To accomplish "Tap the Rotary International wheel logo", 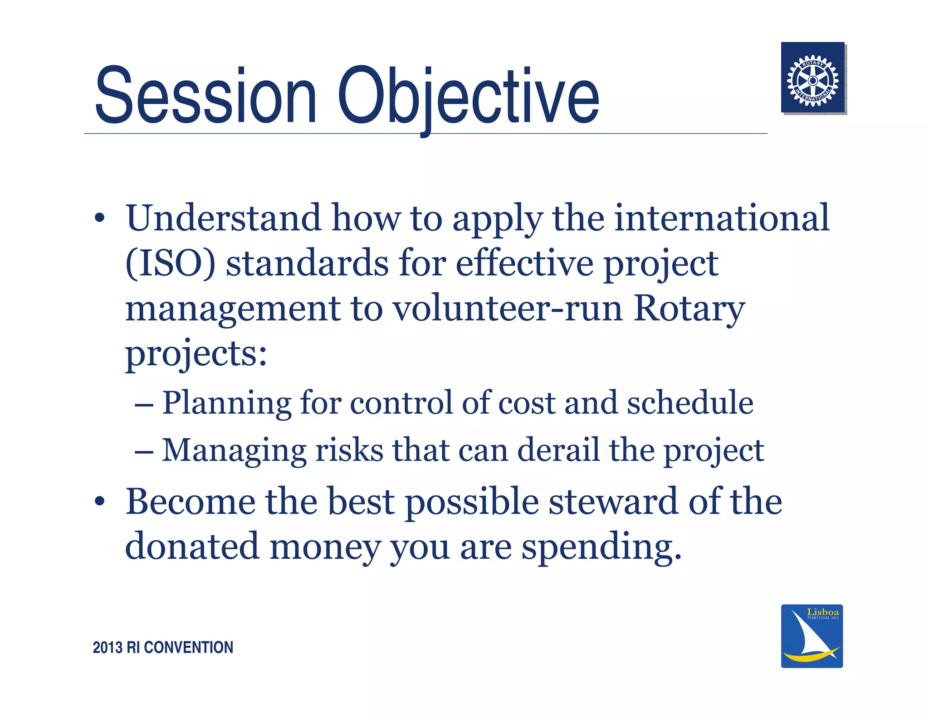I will click(x=812, y=78).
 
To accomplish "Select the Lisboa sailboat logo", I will click(x=812, y=636).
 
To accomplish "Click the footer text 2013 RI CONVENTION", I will click(x=163, y=647).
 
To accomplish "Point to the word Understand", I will click(x=223, y=218).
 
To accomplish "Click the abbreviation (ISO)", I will click(x=170, y=264).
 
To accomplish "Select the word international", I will click(x=722, y=218).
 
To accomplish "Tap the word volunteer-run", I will click(x=508, y=309).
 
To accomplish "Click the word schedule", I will click(x=690, y=403).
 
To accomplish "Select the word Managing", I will click(x=234, y=451).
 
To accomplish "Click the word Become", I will click(x=190, y=502).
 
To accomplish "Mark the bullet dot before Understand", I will click(x=100, y=219).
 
